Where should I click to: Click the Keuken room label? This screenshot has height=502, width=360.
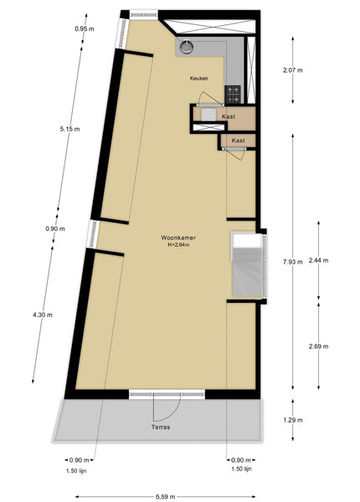pos(199,78)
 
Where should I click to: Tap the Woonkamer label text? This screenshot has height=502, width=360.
pos(178,238)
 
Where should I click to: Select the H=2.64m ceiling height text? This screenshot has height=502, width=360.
pos(178,245)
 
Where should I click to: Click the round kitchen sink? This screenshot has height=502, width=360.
pos(187,47)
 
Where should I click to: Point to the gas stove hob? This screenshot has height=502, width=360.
pos(233,95)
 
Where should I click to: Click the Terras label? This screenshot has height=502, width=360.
pos(161,427)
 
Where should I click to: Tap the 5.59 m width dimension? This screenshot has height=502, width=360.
pos(165,496)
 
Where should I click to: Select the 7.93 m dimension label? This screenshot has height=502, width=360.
pos(293,262)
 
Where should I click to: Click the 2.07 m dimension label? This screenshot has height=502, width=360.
pos(293,70)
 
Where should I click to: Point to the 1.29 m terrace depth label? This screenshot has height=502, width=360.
pos(293,420)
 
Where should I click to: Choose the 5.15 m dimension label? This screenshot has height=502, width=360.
pos(69,129)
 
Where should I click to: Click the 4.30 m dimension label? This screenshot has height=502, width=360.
pos(43,315)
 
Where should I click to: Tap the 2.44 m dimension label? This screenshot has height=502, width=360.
pos(318,260)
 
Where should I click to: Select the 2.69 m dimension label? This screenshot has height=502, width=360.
pos(318,346)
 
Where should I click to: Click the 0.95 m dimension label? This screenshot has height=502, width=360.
pos(85,28)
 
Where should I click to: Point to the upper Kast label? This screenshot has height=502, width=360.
pos(229,116)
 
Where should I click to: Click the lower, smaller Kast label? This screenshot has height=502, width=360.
pos(239,141)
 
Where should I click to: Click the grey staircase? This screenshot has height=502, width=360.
pos(247,264)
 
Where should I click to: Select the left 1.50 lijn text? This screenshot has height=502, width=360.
pos(76,471)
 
